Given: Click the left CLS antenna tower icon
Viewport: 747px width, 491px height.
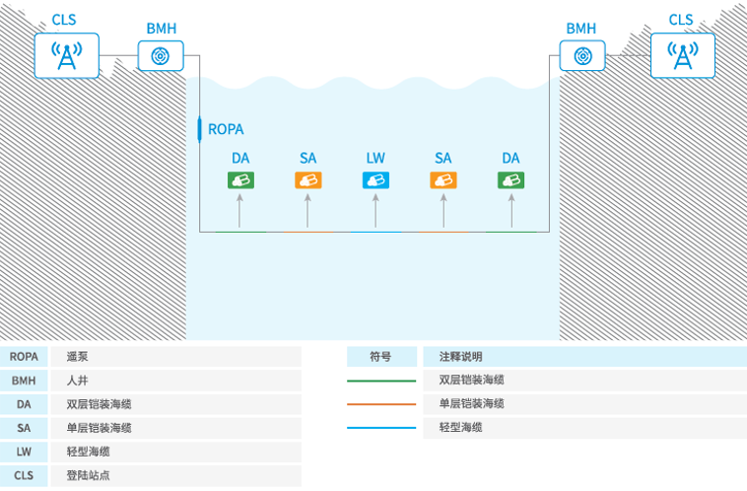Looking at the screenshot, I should [x=67, y=55].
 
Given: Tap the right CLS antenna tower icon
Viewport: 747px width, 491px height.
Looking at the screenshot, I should [x=681, y=55].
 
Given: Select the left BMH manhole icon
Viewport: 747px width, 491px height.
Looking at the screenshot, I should [x=162, y=56].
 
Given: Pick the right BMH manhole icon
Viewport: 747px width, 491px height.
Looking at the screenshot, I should [x=581, y=56].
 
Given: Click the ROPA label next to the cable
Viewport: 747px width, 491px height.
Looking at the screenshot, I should [x=226, y=129].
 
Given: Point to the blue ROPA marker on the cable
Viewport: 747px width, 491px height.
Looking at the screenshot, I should [x=201, y=128].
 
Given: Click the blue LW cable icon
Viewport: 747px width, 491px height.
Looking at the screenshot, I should [x=375, y=179].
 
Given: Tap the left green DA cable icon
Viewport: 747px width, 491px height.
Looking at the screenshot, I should [x=240, y=179].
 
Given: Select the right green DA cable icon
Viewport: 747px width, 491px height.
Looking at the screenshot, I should [x=510, y=179].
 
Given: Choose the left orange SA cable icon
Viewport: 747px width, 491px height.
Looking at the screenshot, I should [x=307, y=179].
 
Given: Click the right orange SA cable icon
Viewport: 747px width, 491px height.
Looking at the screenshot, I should [x=442, y=179].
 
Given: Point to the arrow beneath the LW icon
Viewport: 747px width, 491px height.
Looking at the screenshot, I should [x=375, y=210].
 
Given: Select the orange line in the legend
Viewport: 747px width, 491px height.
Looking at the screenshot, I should [x=381, y=404].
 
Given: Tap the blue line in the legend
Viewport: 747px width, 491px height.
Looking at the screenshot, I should [x=381, y=428].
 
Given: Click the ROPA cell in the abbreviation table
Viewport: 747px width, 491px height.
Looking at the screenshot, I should [x=25, y=357].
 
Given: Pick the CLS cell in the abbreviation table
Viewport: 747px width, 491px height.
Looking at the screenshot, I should [x=25, y=475].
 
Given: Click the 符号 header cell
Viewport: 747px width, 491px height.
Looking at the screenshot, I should [x=380, y=357].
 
